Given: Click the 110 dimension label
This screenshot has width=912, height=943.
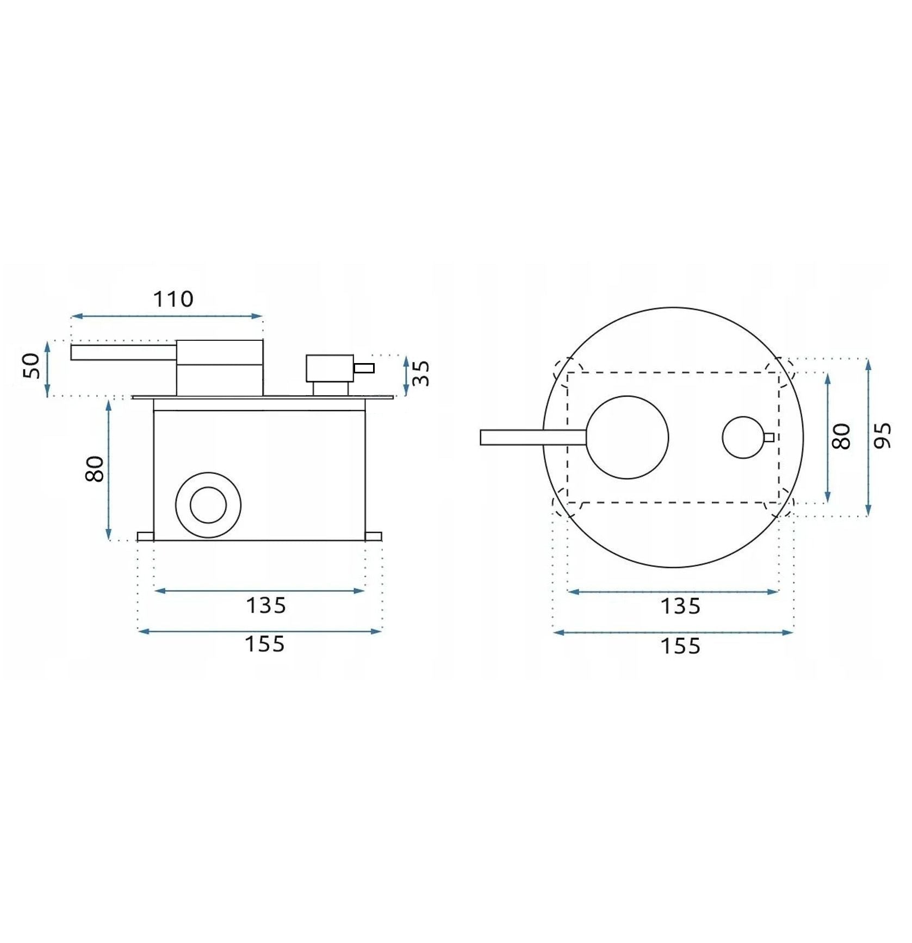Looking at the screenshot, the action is [173, 299].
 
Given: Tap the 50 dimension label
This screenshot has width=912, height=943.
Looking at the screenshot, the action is [32, 366].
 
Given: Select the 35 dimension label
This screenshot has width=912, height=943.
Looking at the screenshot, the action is [421, 373].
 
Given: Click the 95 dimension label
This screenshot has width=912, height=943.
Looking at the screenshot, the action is [883, 435].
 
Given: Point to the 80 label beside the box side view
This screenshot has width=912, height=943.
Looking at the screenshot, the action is [95, 469].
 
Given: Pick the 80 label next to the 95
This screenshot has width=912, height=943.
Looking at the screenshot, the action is [841, 436].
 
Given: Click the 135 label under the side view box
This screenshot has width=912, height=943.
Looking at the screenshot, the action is [266, 605].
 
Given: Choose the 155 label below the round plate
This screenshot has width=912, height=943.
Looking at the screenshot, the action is [680, 646].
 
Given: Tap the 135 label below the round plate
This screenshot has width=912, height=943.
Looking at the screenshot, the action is [680, 606].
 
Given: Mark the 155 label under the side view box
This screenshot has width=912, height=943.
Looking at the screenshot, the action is [265, 644].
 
